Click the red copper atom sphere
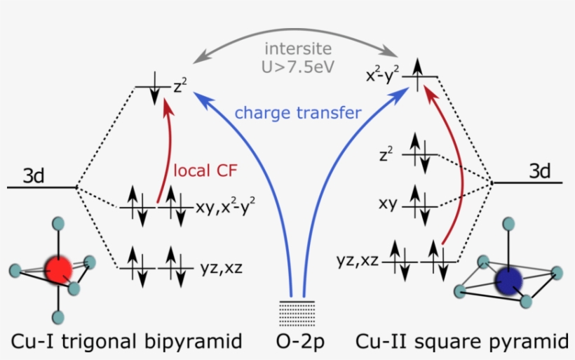59,269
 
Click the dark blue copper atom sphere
509,282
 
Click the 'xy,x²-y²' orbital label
226,208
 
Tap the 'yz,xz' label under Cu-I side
215,266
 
